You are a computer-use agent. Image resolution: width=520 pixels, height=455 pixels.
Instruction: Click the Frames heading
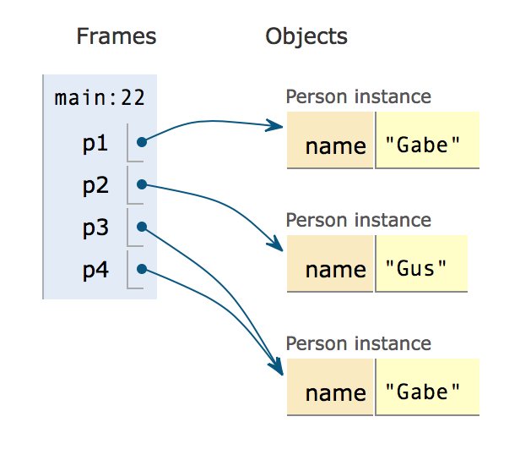(116, 36)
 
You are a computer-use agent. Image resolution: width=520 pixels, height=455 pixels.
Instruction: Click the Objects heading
(306, 36)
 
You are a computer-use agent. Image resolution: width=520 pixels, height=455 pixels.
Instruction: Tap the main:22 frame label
(100, 98)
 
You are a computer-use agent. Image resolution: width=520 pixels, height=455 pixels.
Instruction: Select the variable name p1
(95, 144)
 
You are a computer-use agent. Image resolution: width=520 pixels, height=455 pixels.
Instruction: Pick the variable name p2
(95, 186)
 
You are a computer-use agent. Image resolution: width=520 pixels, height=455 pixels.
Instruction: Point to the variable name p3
(95, 228)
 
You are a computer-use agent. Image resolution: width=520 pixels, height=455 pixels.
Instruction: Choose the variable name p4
(95, 270)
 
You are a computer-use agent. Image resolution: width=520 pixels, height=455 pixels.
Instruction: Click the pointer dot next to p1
(142, 142)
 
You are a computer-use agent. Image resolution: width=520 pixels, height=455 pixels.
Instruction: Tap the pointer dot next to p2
(142, 184)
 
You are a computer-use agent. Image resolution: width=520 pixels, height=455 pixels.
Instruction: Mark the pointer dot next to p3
(142, 227)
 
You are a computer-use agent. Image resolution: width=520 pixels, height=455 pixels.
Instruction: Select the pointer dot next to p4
(142, 269)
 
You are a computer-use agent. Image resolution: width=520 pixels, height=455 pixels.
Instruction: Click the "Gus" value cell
(421, 264)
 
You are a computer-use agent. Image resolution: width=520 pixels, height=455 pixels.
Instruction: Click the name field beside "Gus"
(330, 264)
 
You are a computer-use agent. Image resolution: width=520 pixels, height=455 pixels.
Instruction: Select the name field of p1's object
(330, 140)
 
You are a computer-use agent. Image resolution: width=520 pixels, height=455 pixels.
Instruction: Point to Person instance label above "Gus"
(359, 220)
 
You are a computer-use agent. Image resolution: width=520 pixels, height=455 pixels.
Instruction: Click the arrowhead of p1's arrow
(275, 125)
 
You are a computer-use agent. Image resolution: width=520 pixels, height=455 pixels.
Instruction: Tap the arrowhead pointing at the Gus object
(276, 244)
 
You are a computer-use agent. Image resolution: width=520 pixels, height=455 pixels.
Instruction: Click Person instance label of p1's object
(359, 96)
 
